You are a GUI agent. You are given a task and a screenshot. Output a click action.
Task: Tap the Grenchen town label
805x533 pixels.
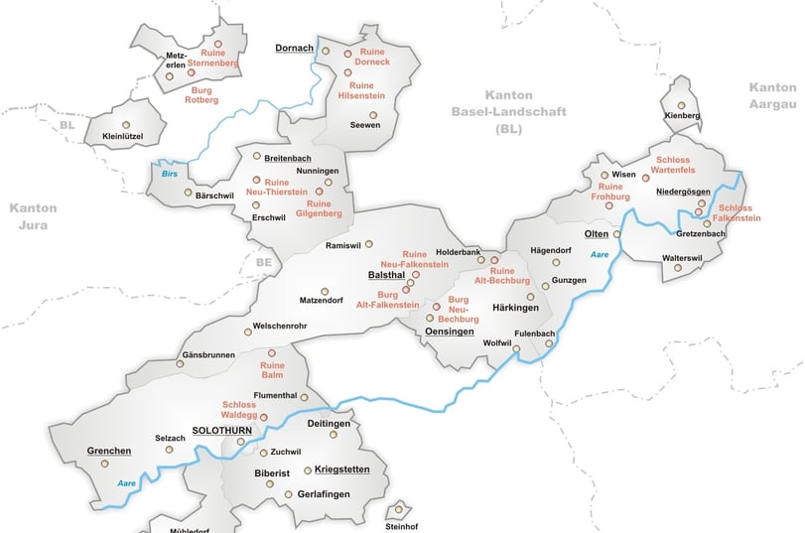[109, 451]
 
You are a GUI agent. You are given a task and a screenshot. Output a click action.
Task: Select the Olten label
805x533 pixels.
[596, 232]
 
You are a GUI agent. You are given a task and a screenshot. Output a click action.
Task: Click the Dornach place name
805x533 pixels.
[294, 48]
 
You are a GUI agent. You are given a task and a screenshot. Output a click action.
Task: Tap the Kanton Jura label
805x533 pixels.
[33, 215]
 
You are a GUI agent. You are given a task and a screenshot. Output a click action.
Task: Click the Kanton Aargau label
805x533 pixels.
[772, 95]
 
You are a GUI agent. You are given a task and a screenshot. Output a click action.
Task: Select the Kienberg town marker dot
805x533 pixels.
[681, 104]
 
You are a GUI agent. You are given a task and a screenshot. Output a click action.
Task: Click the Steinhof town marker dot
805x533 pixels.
[399, 509]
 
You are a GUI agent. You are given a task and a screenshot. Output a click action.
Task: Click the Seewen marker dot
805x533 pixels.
[374, 115]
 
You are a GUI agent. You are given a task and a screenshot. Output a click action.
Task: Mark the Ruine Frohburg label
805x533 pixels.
[611, 192]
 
